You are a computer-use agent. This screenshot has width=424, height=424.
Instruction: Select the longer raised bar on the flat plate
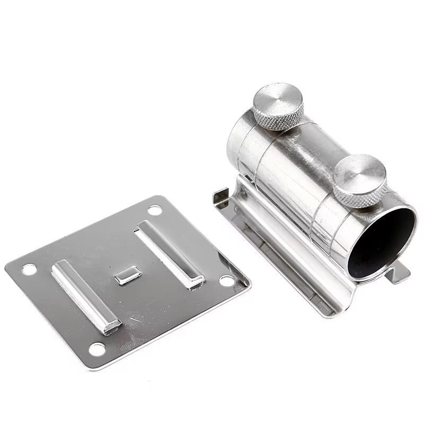coord(170,253)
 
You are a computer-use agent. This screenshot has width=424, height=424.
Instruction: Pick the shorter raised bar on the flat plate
coord(86,295)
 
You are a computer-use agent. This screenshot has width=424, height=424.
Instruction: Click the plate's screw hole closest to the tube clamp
coord(227,280)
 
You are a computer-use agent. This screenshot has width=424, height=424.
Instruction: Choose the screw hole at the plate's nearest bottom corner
coord(97,349)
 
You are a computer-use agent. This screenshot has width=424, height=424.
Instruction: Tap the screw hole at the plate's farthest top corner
coord(154,210)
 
